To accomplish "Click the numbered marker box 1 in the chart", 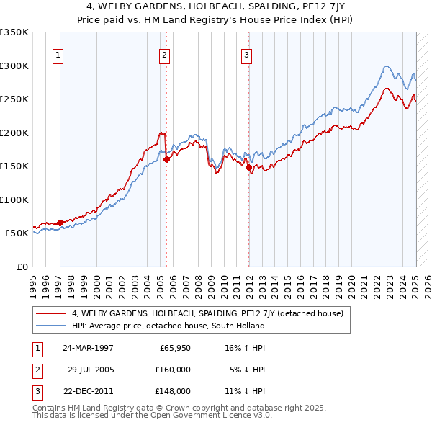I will (x=57, y=54).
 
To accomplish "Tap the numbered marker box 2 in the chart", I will (x=164, y=54).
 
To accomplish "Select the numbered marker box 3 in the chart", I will (x=246, y=54).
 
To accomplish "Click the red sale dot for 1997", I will (x=60, y=222).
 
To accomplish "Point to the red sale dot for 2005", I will (x=166, y=160).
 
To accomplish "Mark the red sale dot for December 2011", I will (x=249, y=168).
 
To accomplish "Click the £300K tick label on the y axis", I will (x=15, y=66).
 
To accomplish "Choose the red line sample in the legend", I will (x=50, y=314).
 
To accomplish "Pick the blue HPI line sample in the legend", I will (x=50, y=326).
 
